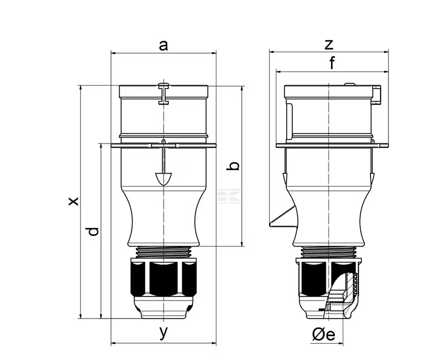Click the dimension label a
[x=163, y=45]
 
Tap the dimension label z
[x=329, y=45]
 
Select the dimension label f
[x=332, y=63]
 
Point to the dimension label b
[x=233, y=166]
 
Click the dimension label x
[x=73, y=201]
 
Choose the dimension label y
[x=163, y=332]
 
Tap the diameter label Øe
[x=324, y=335]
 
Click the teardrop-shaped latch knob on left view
[x=163, y=179]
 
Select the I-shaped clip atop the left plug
[x=163, y=93]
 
